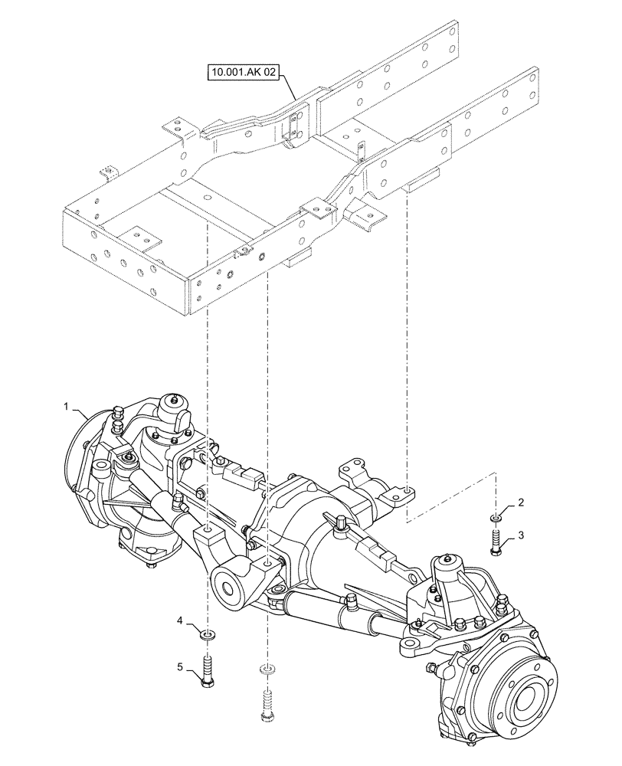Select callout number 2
coord(521,502)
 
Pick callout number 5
coord(180,667)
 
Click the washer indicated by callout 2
coord(496,519)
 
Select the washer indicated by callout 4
coord(207,634)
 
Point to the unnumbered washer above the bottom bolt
coord(266,669)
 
